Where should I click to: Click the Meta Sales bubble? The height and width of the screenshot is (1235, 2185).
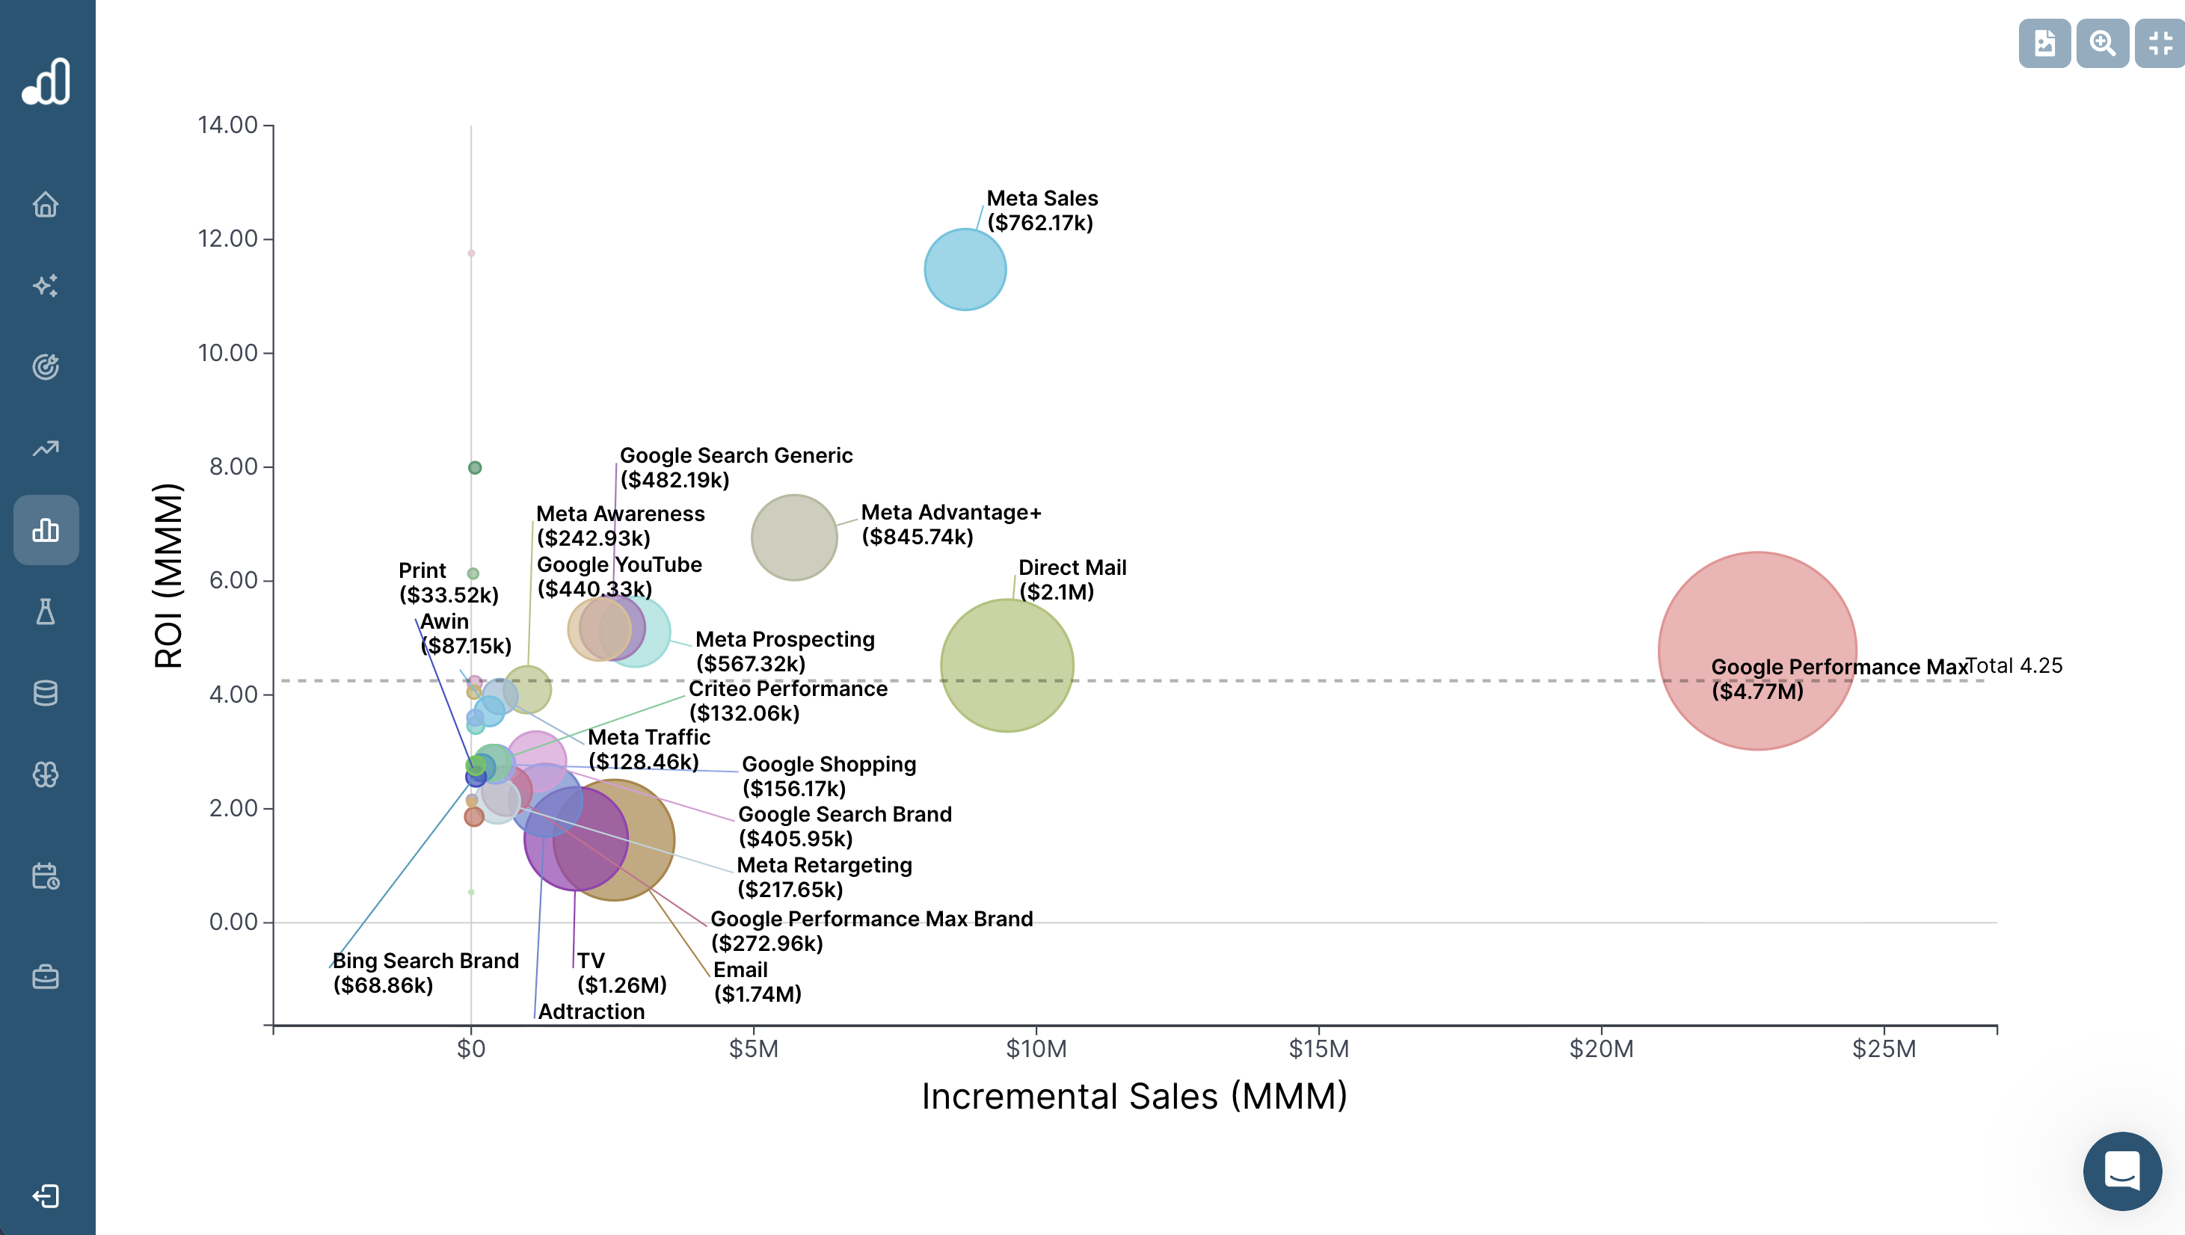pos(965,269)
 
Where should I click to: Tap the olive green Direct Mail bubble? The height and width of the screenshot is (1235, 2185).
pos(1007,665)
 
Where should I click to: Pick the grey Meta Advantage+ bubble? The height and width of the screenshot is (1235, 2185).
pos(794,537)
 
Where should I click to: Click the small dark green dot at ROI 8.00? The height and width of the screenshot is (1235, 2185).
pos(475,467)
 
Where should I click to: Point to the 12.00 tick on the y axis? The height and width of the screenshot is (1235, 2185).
pos(227,238)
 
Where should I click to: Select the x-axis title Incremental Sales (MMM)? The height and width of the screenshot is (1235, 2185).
pos(1134,1096)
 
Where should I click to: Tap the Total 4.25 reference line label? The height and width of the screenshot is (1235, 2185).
pos(2014,665)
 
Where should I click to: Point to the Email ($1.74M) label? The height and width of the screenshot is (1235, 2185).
pos(757,982)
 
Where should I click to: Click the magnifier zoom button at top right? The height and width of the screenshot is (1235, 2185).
pos(2102,43)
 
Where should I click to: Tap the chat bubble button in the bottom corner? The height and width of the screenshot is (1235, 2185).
pos(2121,1171)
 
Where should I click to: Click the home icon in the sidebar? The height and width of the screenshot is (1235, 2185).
pos(46,204)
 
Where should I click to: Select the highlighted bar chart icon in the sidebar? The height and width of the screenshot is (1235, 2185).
pos(46,530)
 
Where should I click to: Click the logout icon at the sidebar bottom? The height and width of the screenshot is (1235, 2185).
pos(46,1196)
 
